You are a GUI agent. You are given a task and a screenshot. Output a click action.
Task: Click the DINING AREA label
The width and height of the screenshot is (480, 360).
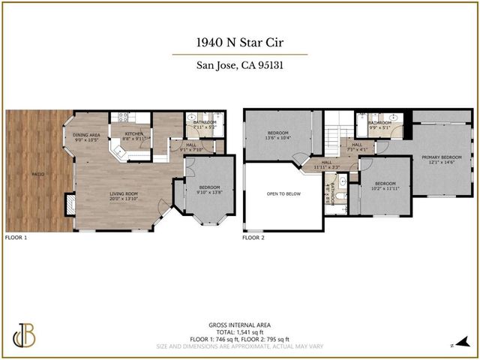[86, 137]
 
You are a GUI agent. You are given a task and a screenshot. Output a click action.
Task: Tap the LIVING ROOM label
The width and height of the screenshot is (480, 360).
[124, 196]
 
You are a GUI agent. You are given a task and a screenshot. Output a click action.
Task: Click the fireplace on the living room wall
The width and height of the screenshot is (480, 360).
[70, 204]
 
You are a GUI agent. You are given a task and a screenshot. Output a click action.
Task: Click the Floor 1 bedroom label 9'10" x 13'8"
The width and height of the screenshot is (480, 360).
[208, 190]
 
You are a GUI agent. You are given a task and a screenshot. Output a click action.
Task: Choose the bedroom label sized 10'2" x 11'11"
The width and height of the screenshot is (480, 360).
[385, 185]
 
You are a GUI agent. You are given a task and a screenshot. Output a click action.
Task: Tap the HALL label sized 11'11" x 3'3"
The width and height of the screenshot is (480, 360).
[326, 163]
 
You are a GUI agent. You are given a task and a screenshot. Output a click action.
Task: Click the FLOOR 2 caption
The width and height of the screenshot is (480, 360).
[253, 237]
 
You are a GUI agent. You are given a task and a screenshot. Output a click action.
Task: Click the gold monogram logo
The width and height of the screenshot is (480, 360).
[25, 335]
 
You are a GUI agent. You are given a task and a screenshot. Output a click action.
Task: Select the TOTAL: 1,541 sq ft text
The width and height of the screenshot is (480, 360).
[239, 331]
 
